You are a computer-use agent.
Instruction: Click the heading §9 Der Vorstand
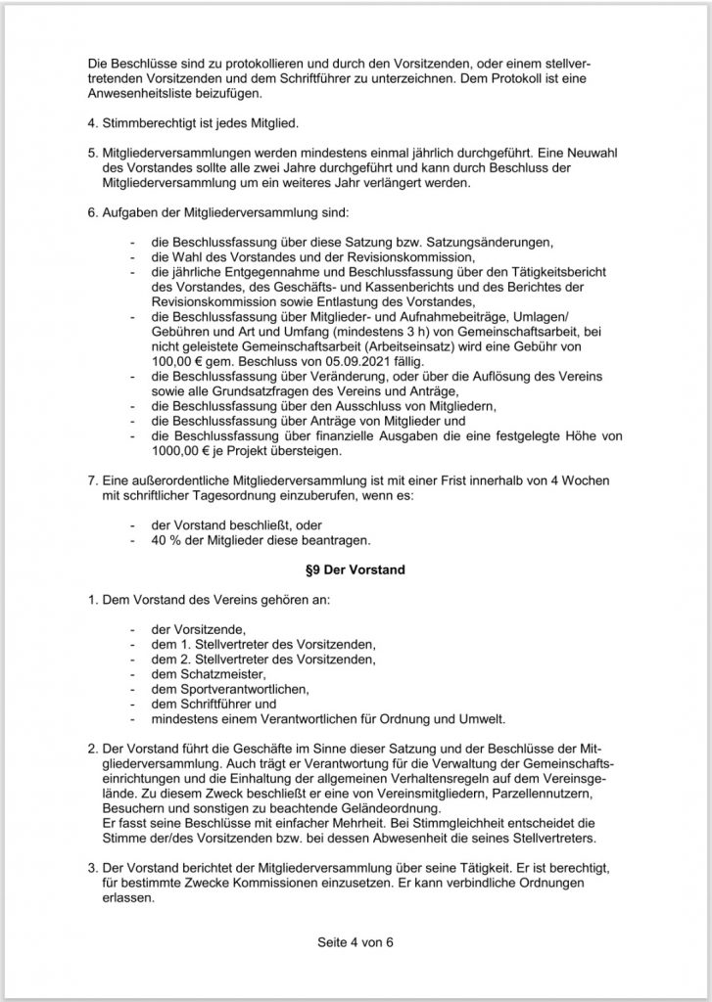click(356, 568)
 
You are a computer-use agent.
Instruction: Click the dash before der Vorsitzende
click(133, 629)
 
